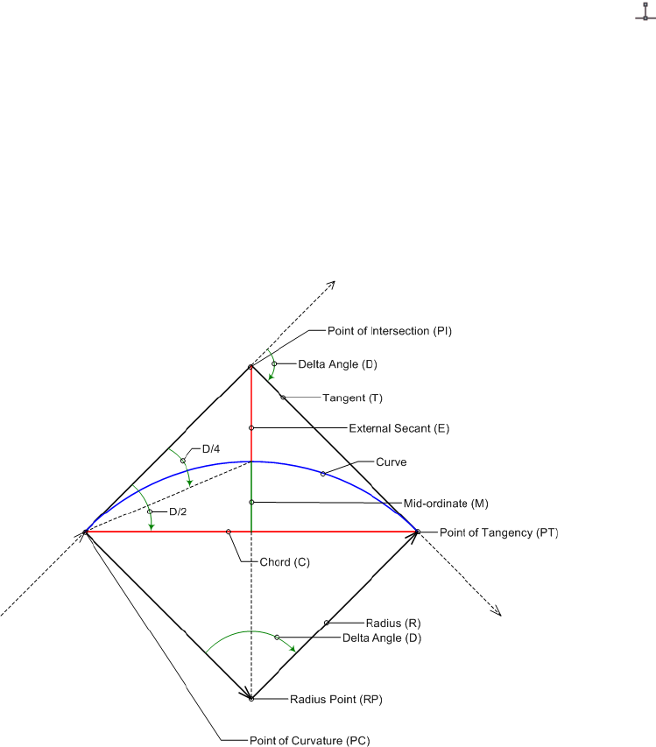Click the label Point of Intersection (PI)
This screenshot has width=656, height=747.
tap(389, 331)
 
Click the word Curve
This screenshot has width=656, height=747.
tap(391, 462)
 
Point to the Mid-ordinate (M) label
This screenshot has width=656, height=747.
tap(445, 503)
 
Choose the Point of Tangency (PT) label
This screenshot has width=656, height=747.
tap(498, 532)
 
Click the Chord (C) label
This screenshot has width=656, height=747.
tap(286, 560)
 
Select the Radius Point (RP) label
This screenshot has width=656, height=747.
tap(336, 699)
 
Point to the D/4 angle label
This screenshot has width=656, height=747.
tap(211, 449)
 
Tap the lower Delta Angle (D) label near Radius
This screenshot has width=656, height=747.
tap(382, 638)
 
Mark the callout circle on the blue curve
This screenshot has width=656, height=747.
tap(323, 474)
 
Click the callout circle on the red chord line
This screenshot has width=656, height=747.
tap(229, 532)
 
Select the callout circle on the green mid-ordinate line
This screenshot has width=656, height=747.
tap(251, 502)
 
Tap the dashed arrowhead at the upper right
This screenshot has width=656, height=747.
tap(331, 284)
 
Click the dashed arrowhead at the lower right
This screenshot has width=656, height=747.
tap(497, 611)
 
